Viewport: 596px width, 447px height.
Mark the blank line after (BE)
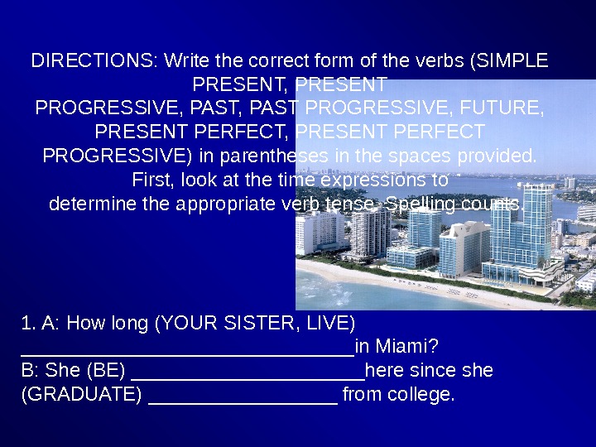pyautogui.click(x=248, y=375)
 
